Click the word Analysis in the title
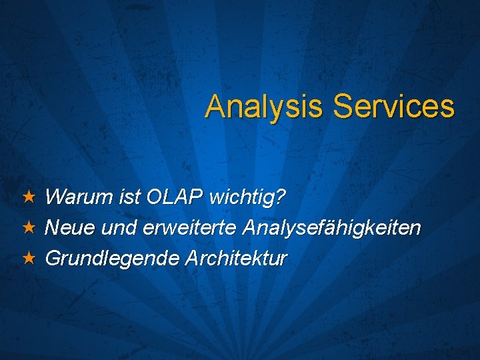pos(265,107)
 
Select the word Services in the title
pos(394,107)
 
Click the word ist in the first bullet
pos(125,197)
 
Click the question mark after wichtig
pos(281,197)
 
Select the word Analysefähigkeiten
pos(332,228)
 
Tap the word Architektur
pos(237,258)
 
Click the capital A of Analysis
pos(215,107)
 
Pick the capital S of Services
pos(343,107)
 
